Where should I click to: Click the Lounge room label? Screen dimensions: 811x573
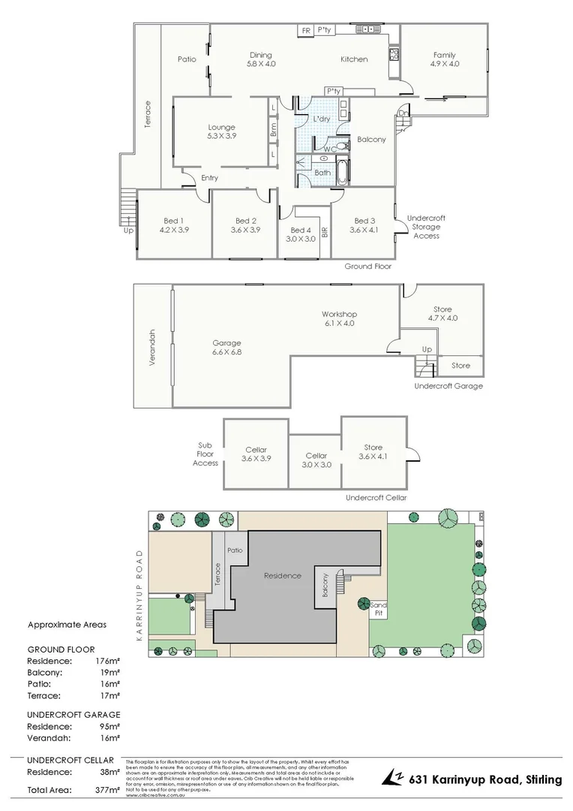[x=221, y=128]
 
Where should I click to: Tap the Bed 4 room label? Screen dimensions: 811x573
[x=300, y=230]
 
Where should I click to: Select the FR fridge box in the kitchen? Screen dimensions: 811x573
[x=305, y=30]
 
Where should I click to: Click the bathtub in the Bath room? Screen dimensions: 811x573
[x=343, y=172]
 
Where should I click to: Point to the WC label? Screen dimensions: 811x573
[x=329, y=149]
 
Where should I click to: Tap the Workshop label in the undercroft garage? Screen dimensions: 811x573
[x=339, y=314]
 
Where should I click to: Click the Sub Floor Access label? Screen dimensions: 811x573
[x=205, y=454]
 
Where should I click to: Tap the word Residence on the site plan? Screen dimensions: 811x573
[x=282, y=576]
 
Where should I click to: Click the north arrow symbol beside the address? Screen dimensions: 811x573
[x=393, y=777]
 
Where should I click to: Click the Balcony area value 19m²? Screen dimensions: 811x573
[x=109, y=673]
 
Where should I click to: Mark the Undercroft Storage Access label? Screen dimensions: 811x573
[x=426, y=227]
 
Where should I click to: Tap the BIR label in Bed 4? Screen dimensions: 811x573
[x=325, y=232]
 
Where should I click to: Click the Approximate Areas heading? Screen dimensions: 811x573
[x=67, y=624]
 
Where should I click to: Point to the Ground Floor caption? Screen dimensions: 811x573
[x=367, y=267]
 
